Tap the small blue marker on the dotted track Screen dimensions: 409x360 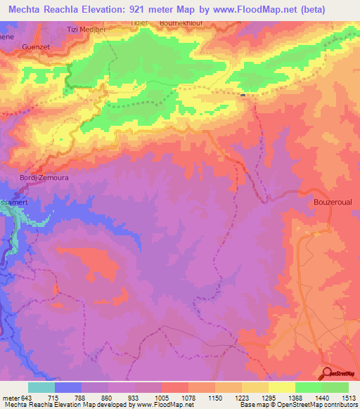point(243,95)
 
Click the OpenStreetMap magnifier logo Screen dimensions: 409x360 point(328,374)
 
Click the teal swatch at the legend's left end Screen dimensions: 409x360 point(41,387)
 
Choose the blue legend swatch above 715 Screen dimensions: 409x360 point(67,387)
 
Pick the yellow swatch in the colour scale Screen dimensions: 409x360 point(281,387)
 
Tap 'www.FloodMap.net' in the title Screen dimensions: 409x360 point(258,10)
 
